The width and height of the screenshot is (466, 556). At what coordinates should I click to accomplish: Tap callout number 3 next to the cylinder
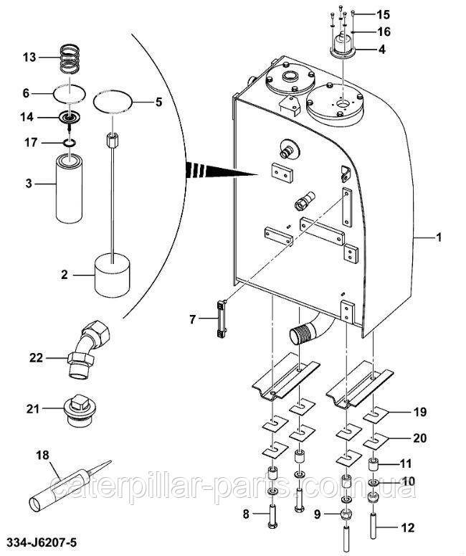(29, 183)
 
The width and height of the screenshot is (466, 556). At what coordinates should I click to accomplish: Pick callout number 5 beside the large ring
(158, 102)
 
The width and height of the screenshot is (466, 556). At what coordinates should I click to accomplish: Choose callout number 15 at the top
(383, 14)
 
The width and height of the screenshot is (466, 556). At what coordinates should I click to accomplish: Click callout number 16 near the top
(383, 32)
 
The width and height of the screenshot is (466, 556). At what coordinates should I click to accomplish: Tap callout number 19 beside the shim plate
(419, 412)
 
